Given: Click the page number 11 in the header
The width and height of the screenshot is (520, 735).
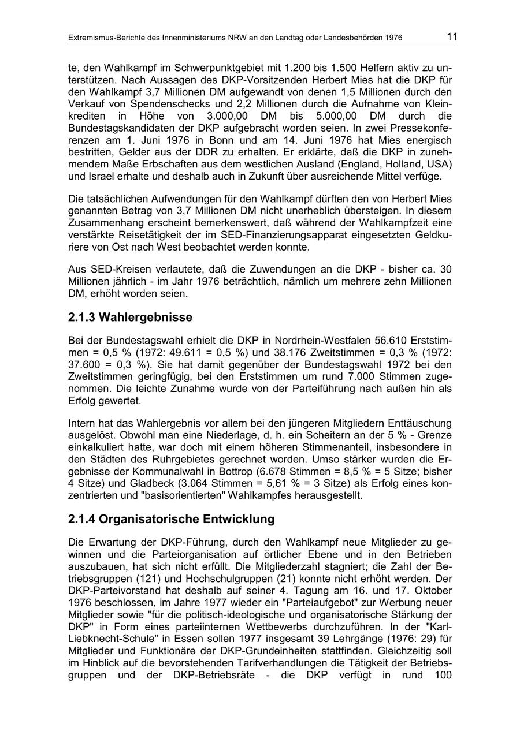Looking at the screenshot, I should tap(452, 37).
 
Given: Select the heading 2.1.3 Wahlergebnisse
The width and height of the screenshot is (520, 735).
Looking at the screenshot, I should tap(130, 318).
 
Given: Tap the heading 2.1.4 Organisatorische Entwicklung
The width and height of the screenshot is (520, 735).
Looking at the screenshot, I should tap(171, 519).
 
